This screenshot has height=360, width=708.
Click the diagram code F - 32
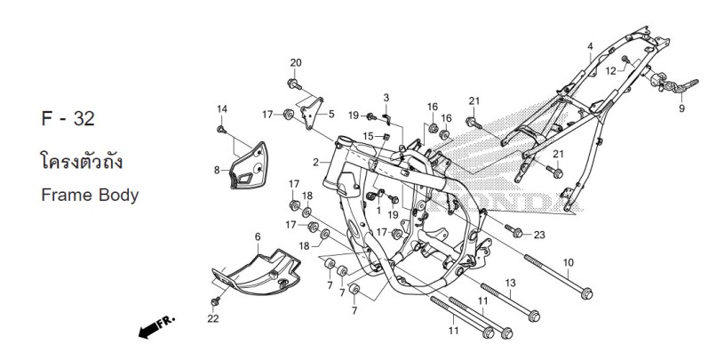point(68,119)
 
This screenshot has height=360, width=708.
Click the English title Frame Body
point(90,196)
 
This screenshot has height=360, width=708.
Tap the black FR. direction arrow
point(155,327)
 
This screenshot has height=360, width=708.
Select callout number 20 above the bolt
point(296,63)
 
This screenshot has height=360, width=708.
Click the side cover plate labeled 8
point(249,165)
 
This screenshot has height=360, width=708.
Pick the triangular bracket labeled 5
point(313,113)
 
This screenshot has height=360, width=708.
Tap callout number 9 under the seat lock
point(682,108)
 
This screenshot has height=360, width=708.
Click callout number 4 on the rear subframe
point(590,46)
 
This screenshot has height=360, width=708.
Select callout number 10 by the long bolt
point(568,262)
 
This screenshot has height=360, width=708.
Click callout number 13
point(510,284)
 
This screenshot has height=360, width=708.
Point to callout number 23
point(539,235)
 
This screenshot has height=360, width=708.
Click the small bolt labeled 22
point(215,300)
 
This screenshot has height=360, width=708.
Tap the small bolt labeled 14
point(221,130)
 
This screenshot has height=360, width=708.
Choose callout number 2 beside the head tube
point(315,162)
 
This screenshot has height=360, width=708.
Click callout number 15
point(368,136)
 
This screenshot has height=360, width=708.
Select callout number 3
point(386,98)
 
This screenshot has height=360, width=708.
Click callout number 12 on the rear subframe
point(610,71)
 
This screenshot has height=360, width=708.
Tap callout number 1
point(378,211)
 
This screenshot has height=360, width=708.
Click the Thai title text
point(82,161)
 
